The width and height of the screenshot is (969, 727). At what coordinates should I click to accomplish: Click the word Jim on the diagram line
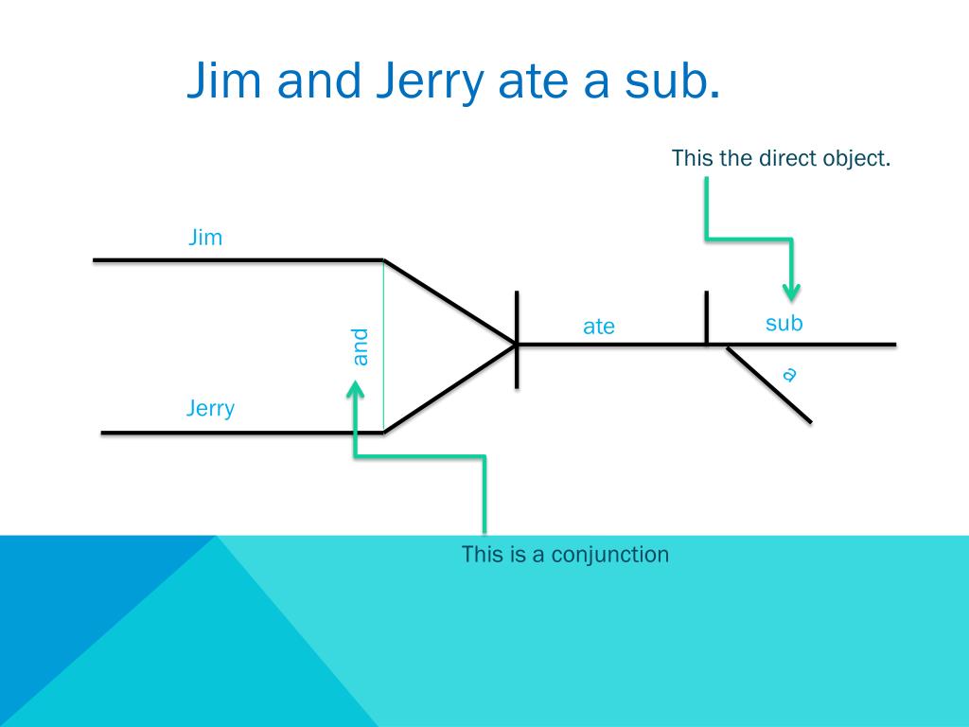click(205, 237)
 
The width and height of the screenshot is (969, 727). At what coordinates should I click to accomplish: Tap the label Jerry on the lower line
click(210, 409)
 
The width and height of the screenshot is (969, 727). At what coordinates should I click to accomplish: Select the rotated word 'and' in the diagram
click(360, 346)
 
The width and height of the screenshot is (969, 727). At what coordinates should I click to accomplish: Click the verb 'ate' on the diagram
click(598, 327)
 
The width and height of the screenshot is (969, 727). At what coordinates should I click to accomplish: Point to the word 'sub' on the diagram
click(784, 324)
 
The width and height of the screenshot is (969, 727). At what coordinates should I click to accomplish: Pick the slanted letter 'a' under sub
click(789, 374)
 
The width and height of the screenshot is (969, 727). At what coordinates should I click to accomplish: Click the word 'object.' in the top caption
click(857, 158)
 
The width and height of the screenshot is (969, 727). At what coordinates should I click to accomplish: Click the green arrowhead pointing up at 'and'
click(355, 389)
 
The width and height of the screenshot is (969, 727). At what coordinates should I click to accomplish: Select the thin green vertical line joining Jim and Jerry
click(383, 346)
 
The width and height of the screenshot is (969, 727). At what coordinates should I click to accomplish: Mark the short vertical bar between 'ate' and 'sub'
click(706, 317)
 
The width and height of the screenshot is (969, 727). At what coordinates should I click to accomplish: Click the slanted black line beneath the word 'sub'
click(768, 384)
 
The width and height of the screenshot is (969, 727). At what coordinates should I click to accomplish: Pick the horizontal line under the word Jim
click(237, 259)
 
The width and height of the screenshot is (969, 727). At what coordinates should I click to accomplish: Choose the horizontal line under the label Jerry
click(241, 433)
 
